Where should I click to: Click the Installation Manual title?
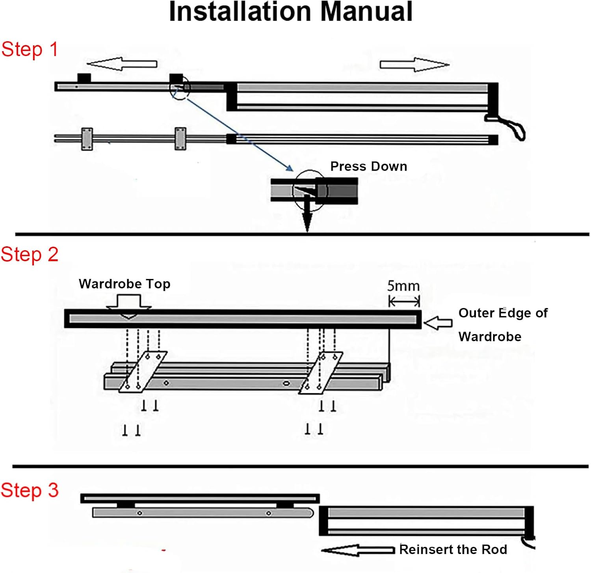[x=291, y=12]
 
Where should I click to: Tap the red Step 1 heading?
[x=30, y=50]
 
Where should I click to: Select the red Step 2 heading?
[x=30, y=255]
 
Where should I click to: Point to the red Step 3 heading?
[x=30, y=491]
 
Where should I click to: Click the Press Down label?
[x=368, y=166]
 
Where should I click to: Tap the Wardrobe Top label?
[x=125, y=284]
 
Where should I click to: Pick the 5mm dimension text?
[x=403, y=286]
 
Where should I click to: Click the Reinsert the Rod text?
[x=453, y=549]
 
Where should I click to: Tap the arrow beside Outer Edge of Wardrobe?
[x=438, y=323]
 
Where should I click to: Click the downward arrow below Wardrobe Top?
[x=129, y=307]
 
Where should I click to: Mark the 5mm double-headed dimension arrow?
[x=404, y=302]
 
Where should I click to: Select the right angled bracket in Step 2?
[x=321, y=372]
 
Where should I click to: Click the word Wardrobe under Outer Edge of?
[x=490, y=337]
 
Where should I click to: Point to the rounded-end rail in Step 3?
[x=203, y=513]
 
